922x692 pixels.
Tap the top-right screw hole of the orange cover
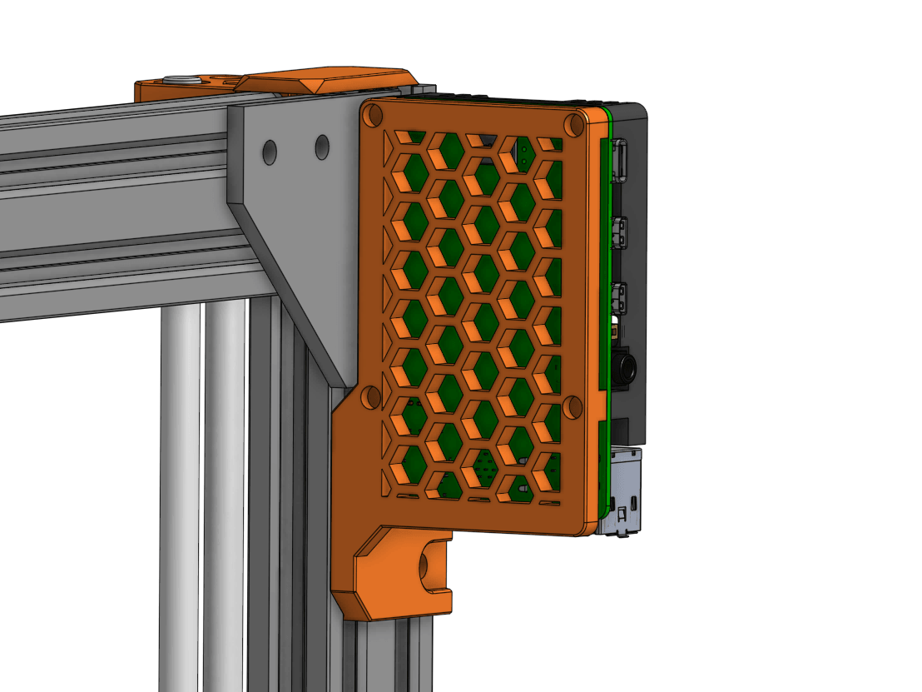click(x=573, y=125)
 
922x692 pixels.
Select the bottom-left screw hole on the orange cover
click(x=371, y=396)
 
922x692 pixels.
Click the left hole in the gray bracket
click(x=270, y=152)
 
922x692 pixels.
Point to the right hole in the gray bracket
click(x=321, y=147)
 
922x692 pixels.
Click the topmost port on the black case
click(x=620, y=162)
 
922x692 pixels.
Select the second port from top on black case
click(x=620, y=231)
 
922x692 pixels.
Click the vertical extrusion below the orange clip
click(x=391, y=658)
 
